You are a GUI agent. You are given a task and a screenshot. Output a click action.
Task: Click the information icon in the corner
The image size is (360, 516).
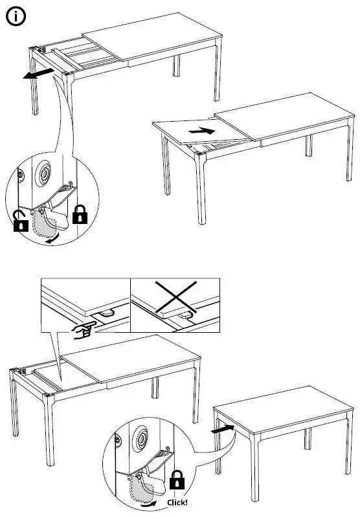16,16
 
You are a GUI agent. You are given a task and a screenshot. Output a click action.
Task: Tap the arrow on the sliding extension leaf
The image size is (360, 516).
202,131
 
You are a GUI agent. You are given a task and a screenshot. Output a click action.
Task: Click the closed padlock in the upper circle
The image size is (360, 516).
80,215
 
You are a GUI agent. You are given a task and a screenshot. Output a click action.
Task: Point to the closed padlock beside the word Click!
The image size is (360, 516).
175,480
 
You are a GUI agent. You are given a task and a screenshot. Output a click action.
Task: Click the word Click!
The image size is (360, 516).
177,502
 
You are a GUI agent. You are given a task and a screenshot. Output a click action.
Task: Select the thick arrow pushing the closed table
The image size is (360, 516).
222,428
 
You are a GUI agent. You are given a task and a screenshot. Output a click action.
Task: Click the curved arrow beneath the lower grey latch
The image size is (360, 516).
150,500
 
